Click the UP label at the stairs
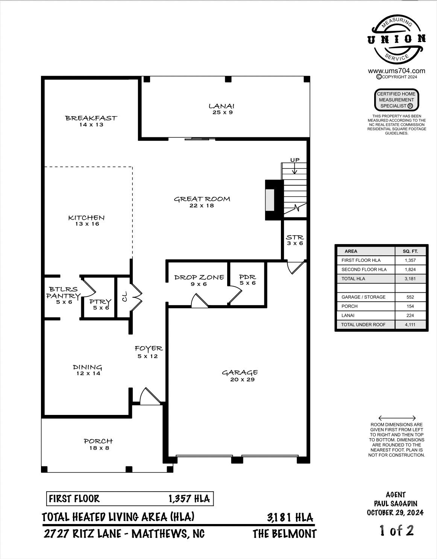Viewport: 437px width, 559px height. pos(295,160)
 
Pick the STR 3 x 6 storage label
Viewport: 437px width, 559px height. pos(295,240)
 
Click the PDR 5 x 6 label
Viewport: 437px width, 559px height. pos(247,280)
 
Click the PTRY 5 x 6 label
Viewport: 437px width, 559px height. pos(100,304)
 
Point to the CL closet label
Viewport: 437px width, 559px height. pos(124,296)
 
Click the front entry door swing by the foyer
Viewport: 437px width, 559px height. pos(149,397)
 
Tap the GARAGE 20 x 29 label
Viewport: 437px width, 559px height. pos(240,375)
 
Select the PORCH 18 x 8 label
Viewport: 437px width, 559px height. pos(99,444)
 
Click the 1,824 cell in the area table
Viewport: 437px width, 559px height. pos(410,269)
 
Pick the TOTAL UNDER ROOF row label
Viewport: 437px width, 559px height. pos(363,325)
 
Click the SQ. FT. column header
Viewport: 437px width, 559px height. pos(410,251)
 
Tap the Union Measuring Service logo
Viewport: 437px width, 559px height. pos(397,39)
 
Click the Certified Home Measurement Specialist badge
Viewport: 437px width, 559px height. pos(396,100)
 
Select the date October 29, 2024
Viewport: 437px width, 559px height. pos(395,512)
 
